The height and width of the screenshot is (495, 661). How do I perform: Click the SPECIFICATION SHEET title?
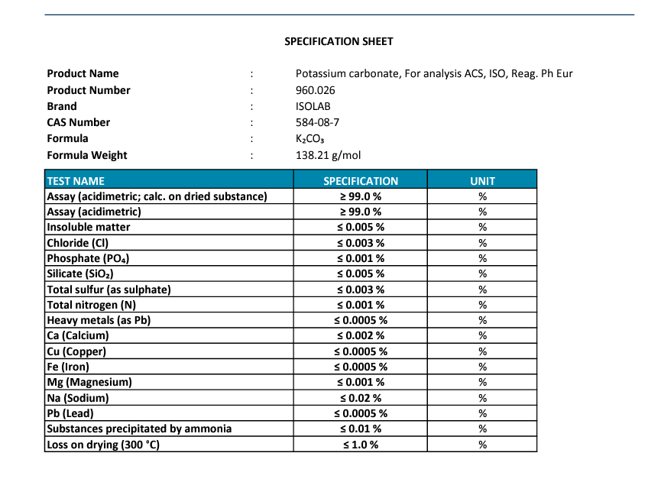pyautogui.click(x=339, y=41)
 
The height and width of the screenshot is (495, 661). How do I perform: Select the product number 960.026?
pyautogui.click(x=315, y=90)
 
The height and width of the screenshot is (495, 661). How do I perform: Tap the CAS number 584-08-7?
pyautogui.click(x=317, y=122)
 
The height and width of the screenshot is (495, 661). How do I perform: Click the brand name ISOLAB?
pyautogui.click(x=313, y=106)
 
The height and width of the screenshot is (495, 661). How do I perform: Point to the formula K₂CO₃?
pyautogui.click(x=310, y=139)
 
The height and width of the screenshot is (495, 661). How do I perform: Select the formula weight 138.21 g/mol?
pyautogui.click(x=328, y=155)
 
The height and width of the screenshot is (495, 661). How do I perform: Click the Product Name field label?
pyautogui.click(x=83, y=73)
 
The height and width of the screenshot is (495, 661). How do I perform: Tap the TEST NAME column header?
pyautogui.click(x=76, y=181)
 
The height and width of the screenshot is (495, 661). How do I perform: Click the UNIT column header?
pyautogui.click(x=482, y=181)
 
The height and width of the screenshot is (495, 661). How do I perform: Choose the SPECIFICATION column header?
pyautogui.click(x=361, y=181)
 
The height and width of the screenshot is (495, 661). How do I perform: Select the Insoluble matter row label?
pyautogui.click(x=89, y=227)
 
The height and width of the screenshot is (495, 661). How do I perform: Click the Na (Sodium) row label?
pyautogui.click(x=78, y=398)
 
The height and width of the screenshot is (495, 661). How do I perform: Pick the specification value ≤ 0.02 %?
pyautogui.click(x=361, y=398)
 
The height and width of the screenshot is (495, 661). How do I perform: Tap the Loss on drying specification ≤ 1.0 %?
pyautogui.click(x=361, y=445)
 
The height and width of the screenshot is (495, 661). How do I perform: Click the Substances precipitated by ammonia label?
pyautogui.click(x=139, y=429)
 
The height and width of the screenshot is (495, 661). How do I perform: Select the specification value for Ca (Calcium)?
pyautogui.click(x=361, y=335)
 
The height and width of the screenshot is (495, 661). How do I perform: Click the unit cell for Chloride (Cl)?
pyautogui.click(x=482, y=243)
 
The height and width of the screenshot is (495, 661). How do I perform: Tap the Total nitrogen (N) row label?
pyautogui.click(x=92, y=305)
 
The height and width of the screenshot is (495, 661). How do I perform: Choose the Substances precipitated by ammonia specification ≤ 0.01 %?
pyautogui.click(x=361, y=429)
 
